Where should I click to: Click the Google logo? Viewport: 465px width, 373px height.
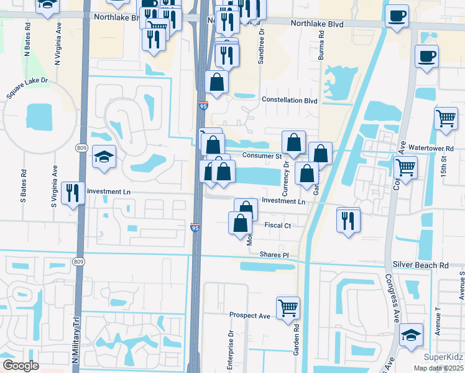[x=21, y=366]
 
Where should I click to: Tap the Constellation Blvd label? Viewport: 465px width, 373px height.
[x=289, y=100]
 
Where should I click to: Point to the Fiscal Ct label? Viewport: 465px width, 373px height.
[x=278, y=225]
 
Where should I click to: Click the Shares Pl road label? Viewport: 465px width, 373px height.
[x=274, y=255]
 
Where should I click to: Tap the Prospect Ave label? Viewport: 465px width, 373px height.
[x=250, y=316]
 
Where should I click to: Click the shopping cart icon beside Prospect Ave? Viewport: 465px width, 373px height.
[x=288, y=307]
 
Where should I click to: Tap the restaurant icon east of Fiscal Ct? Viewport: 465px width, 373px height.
[x=348, y=219]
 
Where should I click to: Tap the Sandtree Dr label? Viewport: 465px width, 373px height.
[x=262, y=45]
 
